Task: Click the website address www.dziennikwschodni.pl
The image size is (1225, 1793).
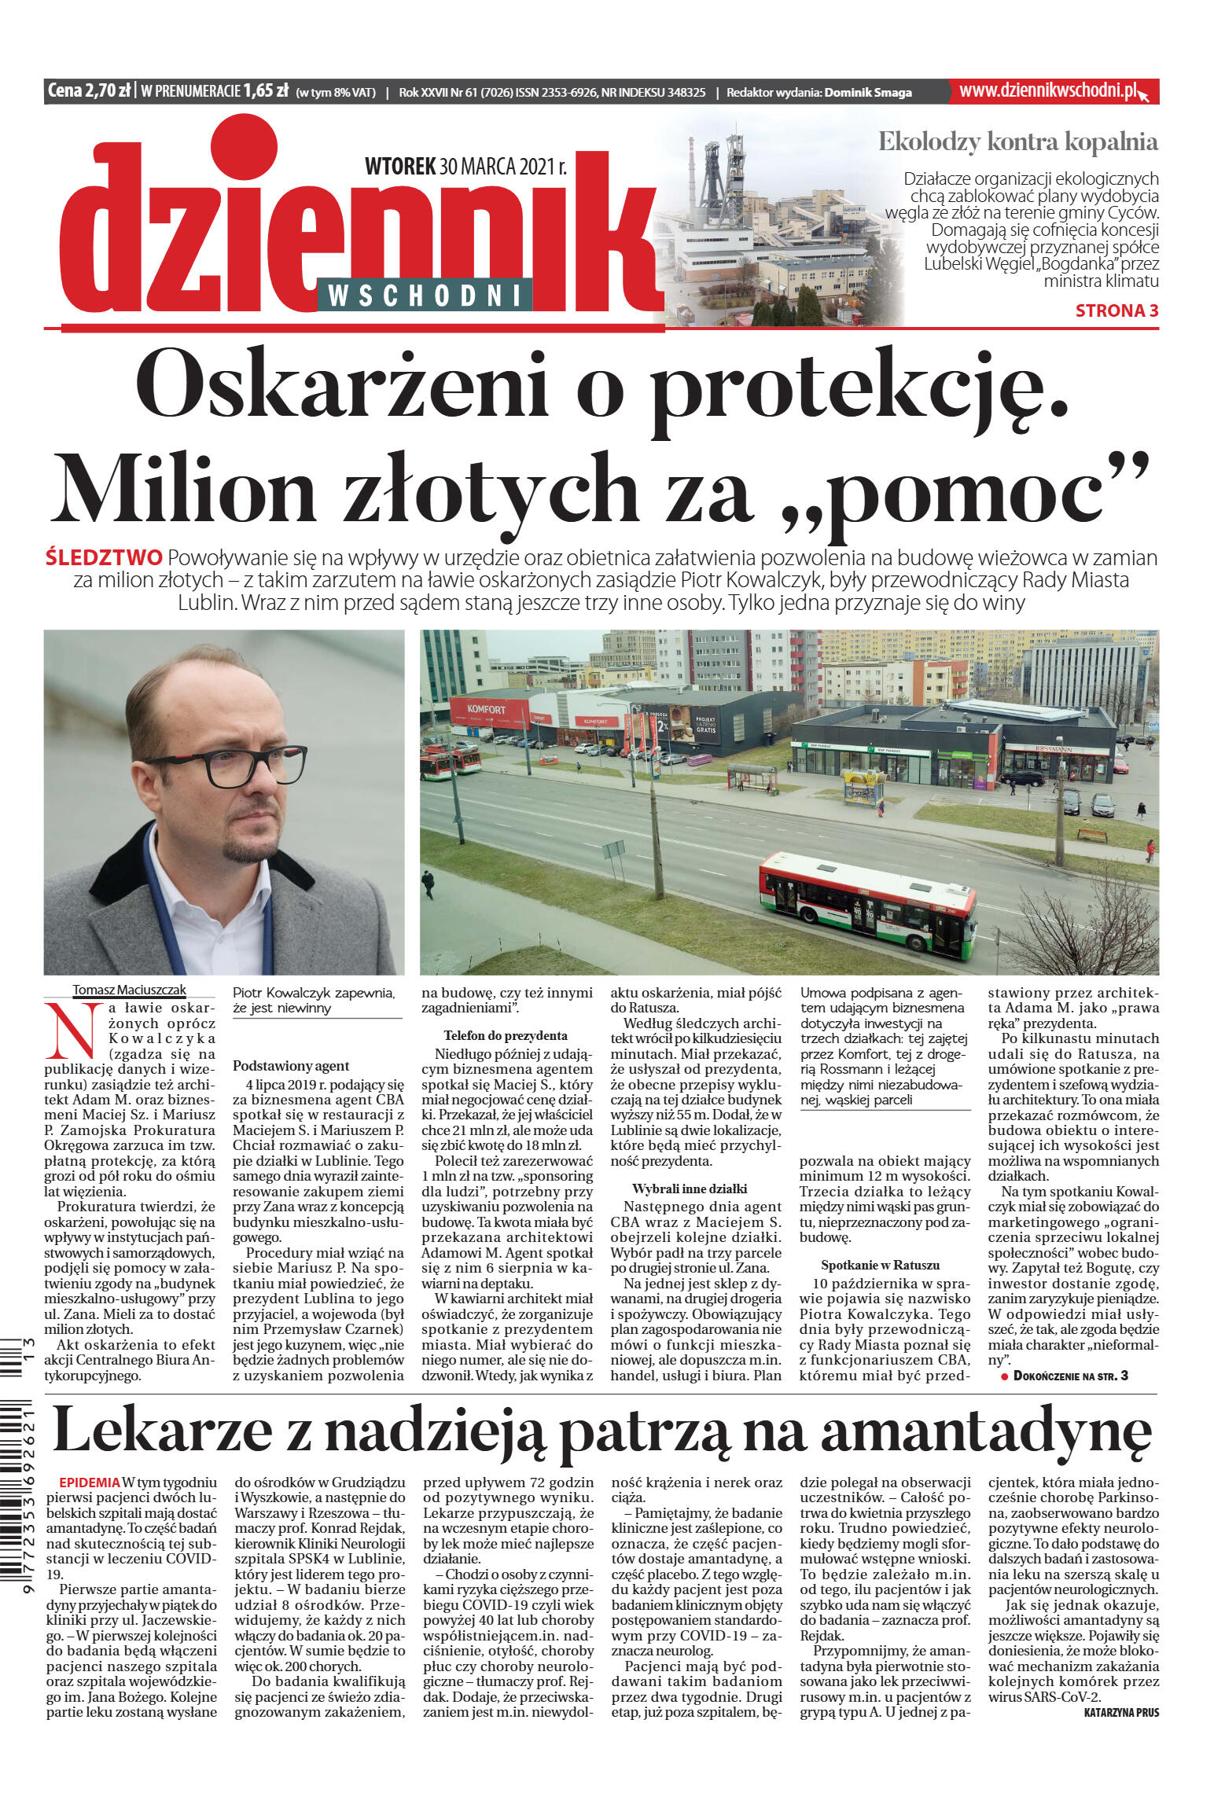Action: [1048, 90]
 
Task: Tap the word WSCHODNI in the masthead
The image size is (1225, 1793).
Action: [425, 296]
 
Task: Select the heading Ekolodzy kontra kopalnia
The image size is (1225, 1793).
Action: [1017, 142]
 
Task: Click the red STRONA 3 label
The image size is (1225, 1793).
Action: [1116, 310]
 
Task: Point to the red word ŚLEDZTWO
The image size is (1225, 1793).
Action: [104, 558]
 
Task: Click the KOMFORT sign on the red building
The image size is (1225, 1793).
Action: [486, 708]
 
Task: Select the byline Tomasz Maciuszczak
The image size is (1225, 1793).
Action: [130, 990]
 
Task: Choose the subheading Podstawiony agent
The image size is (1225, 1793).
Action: [290, 1067]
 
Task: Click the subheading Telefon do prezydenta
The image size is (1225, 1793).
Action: [506, 1035]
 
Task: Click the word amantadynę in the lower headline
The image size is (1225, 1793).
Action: [986, 1432]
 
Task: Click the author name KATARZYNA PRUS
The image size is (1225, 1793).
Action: [1120, 1713]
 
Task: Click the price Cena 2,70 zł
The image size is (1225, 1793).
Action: [89, 91]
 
